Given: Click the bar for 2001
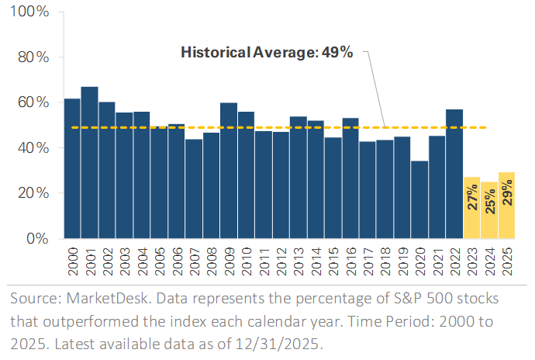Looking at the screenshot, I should pyautogui.click(x=89, y=162).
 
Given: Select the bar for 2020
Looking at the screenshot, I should pyautogui.click(x=419, y=199).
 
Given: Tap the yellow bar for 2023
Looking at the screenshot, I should pyautogui.click(x=471, y=207).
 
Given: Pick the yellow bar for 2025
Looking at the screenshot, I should pyautogui.click(x=506, y=205).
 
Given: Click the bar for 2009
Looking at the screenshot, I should pyautogui.click(x=228, y=170).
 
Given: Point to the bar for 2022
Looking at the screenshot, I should pyautogui.click(x=454, y=174).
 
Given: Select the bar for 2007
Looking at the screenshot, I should pyautogui.click(x=193, y=189).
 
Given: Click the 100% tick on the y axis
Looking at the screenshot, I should pyautogui.click(x=29, y=12).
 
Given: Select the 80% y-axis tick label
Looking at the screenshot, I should pyautogui.click(x=32, y=57).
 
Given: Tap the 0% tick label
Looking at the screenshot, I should pyautogui.click(x=36, y=238).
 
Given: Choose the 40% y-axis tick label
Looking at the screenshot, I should pyautogui.click(x=32, y=147).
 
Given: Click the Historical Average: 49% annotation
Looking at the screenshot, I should pyautogui.click(x=267, y=53).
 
